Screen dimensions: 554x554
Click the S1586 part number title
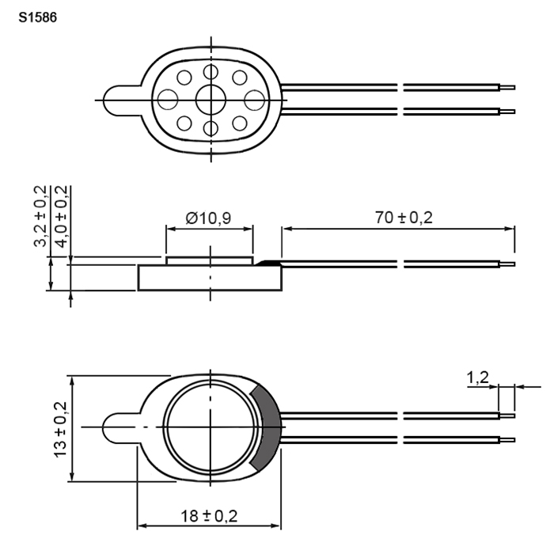point(37,17)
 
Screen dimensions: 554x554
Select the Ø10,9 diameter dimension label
point(208,218)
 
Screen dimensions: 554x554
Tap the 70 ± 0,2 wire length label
point(404,218)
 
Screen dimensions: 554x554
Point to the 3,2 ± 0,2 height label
point(40,215)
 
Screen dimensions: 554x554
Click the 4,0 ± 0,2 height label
point(62,216)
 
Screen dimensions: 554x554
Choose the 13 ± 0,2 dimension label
point(60,429)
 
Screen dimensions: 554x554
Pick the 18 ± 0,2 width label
point(209,516)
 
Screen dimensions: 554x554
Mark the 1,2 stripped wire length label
point(478,378)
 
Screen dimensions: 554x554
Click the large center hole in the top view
point(211,100)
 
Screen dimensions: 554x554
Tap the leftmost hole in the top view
point(168,99)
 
